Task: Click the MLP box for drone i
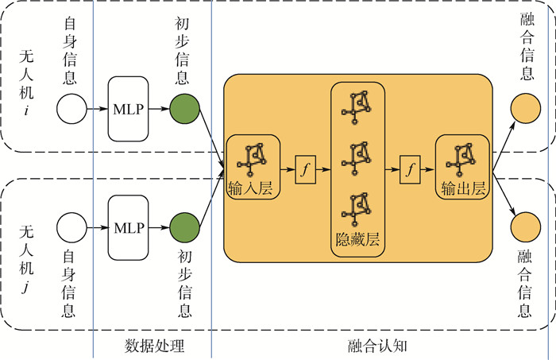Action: tap(129, 110)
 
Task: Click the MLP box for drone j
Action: tap(129, 227)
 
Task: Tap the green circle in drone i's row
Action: tap(183, 110)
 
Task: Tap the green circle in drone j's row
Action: tap(183, 227)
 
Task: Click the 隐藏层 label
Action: tap(357, 238)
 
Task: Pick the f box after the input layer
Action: tap(306, 169)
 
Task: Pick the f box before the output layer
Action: tap(410, 169)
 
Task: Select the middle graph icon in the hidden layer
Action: tap(357, 156)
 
